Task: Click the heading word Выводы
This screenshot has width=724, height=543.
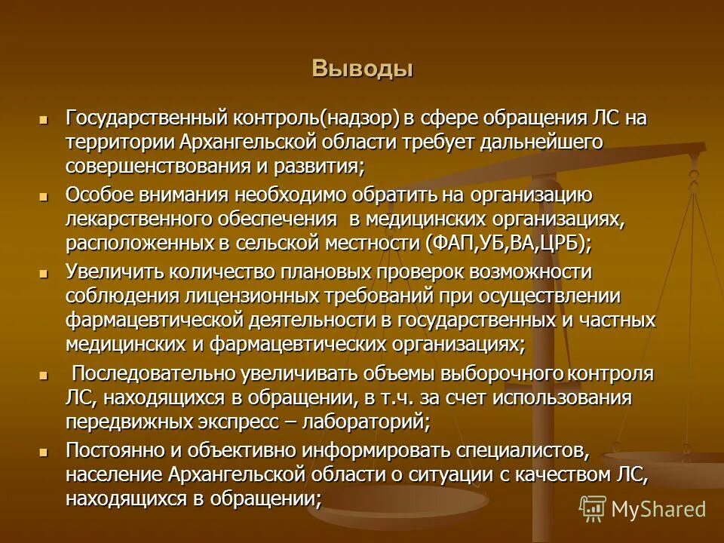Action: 363,69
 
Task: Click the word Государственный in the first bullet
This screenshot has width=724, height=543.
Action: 147,118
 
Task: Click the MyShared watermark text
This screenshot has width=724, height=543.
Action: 658,509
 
